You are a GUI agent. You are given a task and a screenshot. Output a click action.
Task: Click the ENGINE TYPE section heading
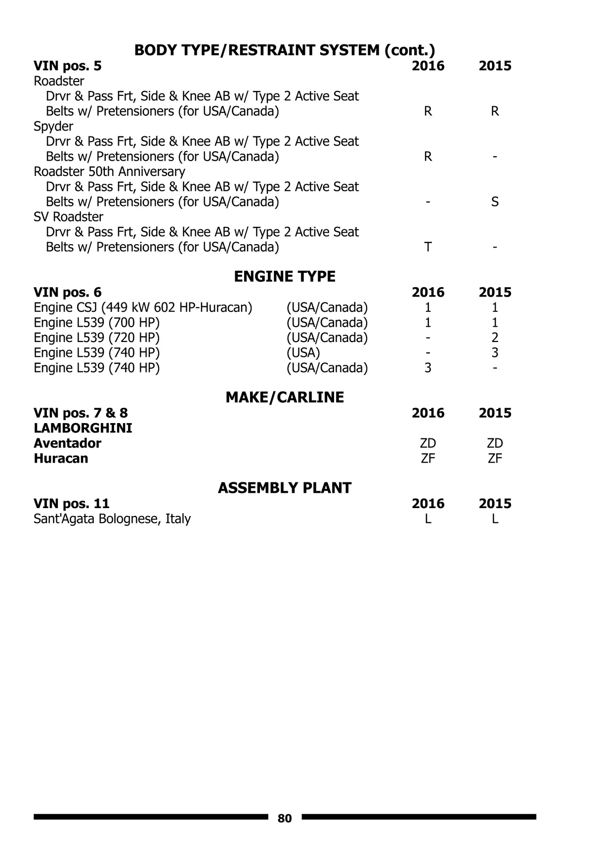point(285,277)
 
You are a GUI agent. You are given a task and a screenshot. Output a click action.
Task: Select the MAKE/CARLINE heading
point(285,397)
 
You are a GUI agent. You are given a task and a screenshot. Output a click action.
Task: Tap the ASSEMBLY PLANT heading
point(285,488)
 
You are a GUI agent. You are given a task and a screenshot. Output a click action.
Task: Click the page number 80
point(285,818)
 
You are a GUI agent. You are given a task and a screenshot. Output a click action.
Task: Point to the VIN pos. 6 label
point(68,292)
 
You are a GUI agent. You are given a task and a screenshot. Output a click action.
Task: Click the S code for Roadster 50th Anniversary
point(495,202)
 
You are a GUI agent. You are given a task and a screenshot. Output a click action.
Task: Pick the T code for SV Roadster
point(428,247)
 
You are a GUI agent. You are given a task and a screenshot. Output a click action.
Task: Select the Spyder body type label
point(53,126)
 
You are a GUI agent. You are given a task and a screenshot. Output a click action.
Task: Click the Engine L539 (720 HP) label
point(97,338)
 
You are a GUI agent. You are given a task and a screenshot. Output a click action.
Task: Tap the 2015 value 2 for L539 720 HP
point(495,338)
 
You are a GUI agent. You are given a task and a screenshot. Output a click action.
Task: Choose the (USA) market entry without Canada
point(303,352)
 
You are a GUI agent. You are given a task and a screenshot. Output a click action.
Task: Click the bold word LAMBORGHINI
point(83,428)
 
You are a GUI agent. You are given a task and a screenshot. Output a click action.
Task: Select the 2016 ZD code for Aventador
point(428,443)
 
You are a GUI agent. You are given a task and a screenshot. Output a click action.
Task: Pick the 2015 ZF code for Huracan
point(495,458)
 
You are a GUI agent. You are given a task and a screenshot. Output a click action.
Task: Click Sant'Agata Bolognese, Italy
point(112,518)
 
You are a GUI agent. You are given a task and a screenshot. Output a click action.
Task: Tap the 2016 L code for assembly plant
point(428,518)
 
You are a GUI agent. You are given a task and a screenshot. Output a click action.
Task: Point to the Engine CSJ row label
point(143,307)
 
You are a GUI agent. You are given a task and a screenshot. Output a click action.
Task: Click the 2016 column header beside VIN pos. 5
point(428,66)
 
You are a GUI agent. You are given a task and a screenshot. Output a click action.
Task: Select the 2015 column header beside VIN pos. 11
point(495,504)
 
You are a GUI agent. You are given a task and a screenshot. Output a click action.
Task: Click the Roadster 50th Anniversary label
point(109,172)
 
